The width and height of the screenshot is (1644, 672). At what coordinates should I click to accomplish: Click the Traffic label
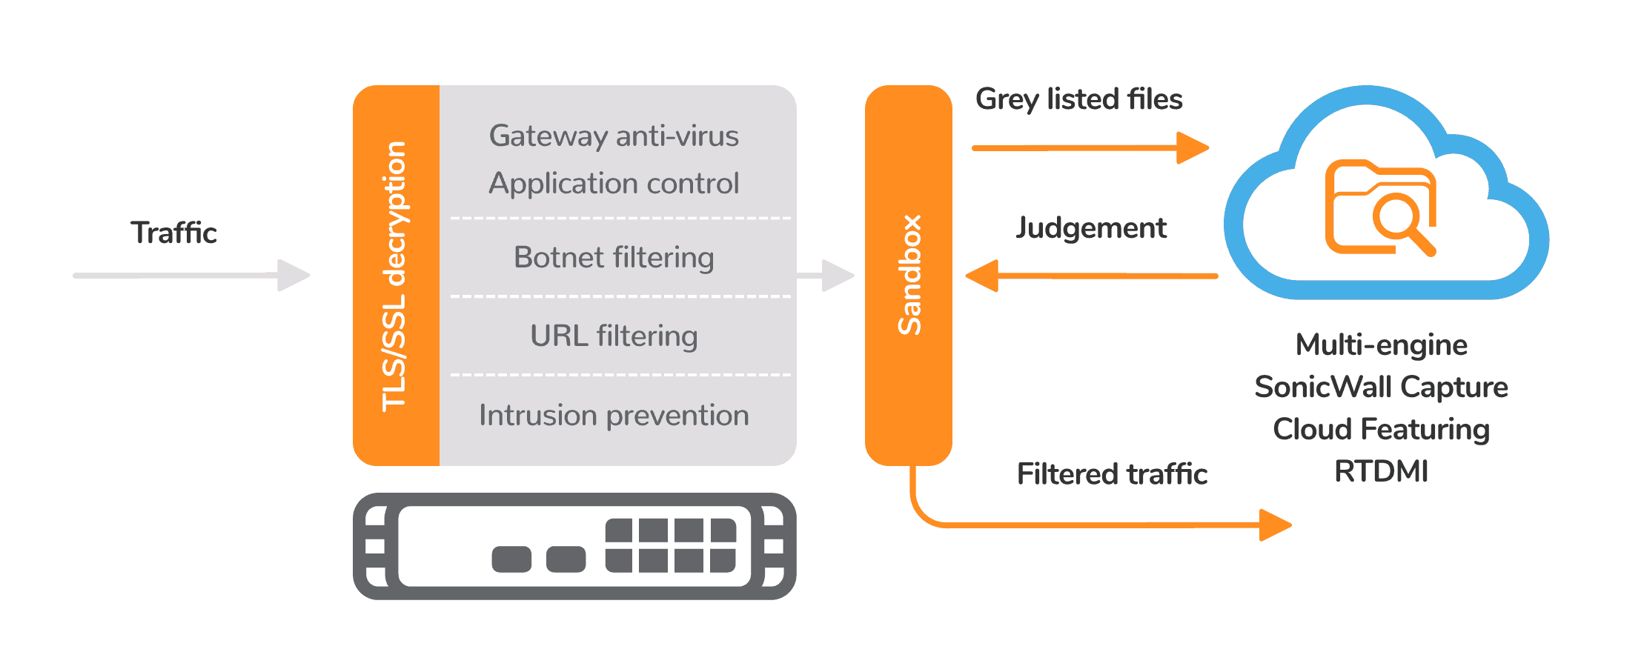coord(173,233)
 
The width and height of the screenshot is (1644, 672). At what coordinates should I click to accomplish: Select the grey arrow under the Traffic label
coord(191,275)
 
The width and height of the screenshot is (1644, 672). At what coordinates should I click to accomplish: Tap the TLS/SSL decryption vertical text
coord(394,276)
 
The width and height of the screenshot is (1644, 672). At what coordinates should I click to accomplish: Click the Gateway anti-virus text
coord(614,136)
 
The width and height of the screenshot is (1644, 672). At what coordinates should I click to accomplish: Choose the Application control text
coord(614,183)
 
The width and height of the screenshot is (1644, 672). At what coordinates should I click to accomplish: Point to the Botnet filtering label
coord(614,258)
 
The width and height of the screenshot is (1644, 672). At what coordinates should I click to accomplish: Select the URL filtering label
coord(614,336)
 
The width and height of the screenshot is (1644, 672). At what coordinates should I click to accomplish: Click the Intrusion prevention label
coord(614,415)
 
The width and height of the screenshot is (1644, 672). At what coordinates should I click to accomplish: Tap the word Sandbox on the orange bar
coord(909,275)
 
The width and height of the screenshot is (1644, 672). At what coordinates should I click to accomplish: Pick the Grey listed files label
coord(1078,99)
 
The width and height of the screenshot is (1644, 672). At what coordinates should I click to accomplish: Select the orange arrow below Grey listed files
coord(1090,148)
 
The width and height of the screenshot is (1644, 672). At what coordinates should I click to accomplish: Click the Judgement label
coord(1091,227)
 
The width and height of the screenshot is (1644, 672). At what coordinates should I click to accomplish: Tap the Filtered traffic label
coord(1112,474)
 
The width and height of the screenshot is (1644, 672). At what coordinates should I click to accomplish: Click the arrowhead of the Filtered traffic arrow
coord(1275,525)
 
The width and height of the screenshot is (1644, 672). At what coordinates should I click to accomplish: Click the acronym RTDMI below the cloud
coord(1381,471)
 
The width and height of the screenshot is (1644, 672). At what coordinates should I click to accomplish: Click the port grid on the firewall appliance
coord(671,545)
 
